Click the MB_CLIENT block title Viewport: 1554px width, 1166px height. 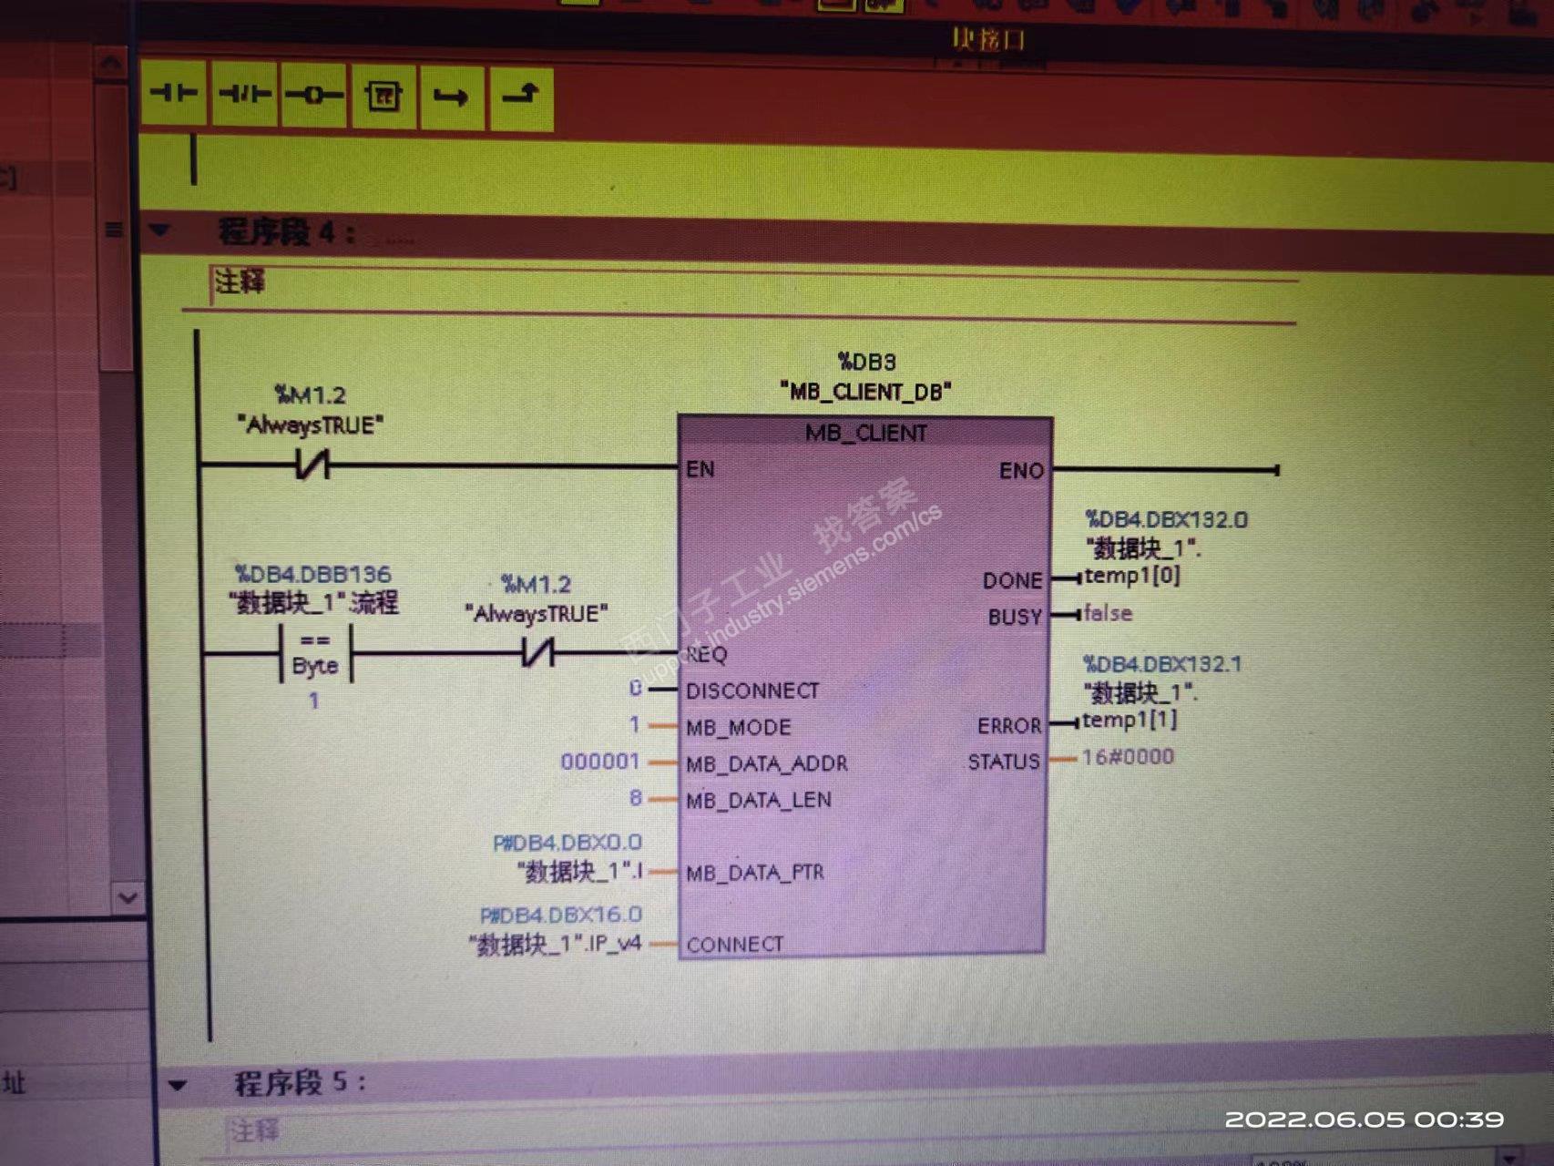click(865, 433)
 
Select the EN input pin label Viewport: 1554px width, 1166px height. click(700, 469)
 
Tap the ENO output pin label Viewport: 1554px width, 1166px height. click(1021, 471)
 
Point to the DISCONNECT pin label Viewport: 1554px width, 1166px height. click(752, 690)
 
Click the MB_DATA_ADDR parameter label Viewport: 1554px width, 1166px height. click(766, 763)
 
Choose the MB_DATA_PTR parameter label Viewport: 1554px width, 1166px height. click(755, 873)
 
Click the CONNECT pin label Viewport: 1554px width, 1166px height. click(735, 945)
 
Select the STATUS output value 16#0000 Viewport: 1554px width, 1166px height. click(1128, 757)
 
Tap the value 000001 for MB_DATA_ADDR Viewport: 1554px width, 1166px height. click(600, 762)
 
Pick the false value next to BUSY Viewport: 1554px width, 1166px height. click(1108, 613)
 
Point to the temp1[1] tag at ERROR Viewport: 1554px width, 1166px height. click(1130, 720)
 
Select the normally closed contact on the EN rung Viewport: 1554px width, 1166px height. click(312, 465)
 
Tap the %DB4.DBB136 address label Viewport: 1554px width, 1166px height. click(312, 574)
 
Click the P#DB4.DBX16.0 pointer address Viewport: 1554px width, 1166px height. click(561, 915)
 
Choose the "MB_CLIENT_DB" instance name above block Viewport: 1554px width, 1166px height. click(865, 392)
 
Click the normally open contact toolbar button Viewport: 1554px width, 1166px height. click(174, 94)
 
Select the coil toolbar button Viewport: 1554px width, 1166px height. click(314, 95)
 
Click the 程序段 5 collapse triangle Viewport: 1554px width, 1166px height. click(178, 1085)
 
